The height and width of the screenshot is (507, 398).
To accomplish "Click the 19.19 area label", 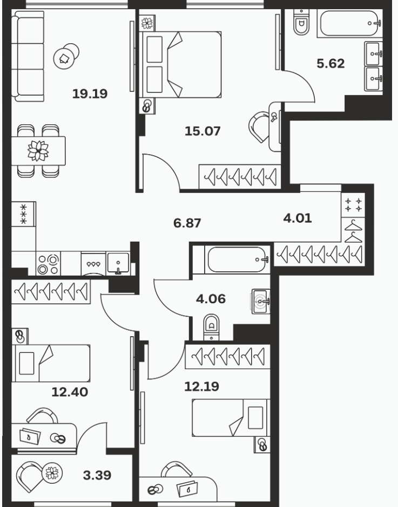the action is [x=90, y=94].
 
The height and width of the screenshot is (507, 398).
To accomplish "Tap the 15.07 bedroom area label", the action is [x=203, y=131].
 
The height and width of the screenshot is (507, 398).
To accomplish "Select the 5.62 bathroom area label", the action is [x=330, y=63].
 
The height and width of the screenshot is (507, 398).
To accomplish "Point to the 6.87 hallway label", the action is [x=187, y=223].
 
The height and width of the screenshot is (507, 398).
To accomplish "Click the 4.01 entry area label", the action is [x=298, y=218].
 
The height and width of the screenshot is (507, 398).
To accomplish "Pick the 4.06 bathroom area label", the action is [x=211, y=299].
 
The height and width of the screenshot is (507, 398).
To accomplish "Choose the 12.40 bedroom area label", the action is [x=70, y=392].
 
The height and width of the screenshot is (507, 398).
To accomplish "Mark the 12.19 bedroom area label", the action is [x=201, y=386].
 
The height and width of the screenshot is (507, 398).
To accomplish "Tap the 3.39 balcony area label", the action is [x=97, y=475].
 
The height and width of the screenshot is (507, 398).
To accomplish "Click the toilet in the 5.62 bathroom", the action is [x=301, y=22].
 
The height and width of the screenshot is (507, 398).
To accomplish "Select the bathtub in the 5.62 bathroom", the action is [x=349, y=24].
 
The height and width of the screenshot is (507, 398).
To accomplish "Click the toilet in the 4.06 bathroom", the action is [x=211, y=326].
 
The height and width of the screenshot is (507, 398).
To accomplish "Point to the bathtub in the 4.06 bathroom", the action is [x=236, y=259].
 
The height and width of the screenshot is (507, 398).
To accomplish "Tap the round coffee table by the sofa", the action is [x=66, y=56].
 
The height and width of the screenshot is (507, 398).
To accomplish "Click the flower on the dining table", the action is [x=38, y=151].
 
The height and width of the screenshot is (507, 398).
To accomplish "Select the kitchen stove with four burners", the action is [x=49, y=264].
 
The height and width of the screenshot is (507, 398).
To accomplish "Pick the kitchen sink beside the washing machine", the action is [x=119, y=264].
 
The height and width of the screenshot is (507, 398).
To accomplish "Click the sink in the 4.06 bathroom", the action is [x=261, y=302].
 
